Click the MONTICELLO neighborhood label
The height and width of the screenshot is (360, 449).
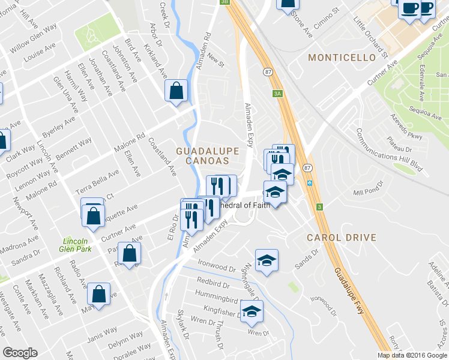coord(342,58)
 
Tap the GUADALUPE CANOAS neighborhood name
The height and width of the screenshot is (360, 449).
coord(202,155)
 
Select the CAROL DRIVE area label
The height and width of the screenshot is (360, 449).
coord(342,238)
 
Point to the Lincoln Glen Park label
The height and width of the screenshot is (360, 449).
coord(75,245)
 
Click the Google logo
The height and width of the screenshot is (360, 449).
coord(20,353)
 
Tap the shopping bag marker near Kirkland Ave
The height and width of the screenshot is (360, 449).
coord(177,92)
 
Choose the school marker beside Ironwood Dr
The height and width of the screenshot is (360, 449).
coord(267,260)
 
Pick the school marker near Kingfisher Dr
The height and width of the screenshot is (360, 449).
coord(252,311)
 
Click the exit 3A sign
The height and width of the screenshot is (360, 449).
coord(277,94)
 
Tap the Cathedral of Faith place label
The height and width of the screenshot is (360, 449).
coord(245,205)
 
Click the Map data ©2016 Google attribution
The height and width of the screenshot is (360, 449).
coord(412,355)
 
